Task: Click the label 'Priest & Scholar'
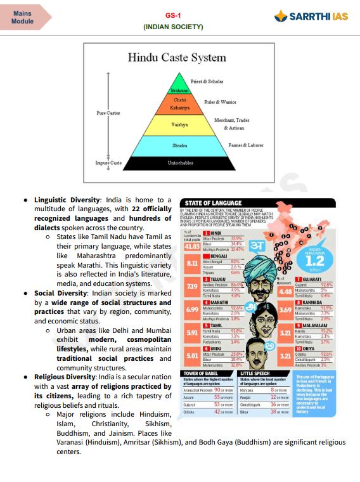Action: (207, 82)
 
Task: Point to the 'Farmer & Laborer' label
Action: (245, 145)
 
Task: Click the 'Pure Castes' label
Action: (108, 113)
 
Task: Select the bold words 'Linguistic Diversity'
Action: (67, 200)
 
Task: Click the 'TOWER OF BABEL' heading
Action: (201, 374)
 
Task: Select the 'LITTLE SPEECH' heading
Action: (256, 374)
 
